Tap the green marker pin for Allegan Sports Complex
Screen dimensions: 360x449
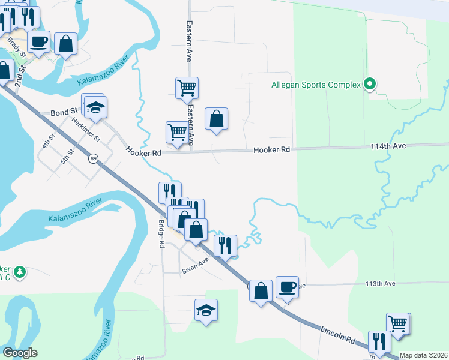(370, 85)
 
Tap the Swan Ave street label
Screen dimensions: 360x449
(195, 271)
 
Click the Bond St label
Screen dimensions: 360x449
(64, 112)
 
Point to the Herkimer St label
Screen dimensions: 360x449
(86, 129)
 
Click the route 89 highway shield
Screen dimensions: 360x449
(93, 158)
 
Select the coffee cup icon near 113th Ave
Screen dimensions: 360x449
(287, 286)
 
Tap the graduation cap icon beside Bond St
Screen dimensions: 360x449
(95, 107)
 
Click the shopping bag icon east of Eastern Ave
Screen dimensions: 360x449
(216, 118)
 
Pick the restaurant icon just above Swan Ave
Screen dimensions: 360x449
(225, 245)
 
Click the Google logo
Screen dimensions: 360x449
(20, 353)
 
